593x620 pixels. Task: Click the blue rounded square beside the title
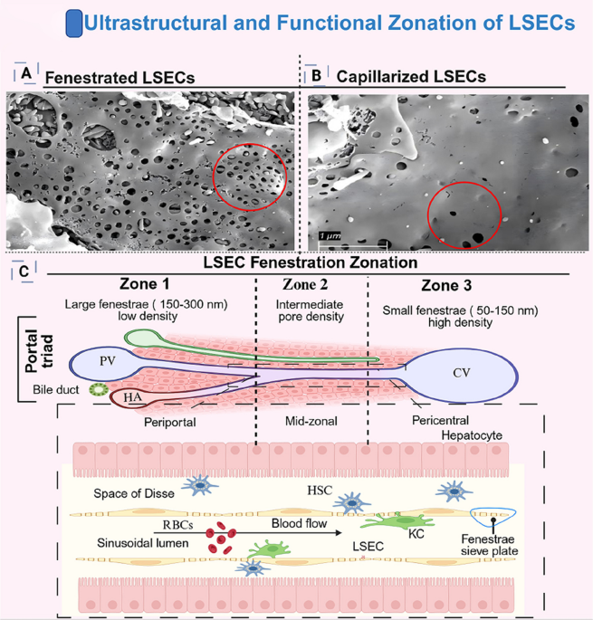tap(74, 24)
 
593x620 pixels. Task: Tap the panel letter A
tap(26, 73)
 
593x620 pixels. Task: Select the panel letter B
tap(317, 75)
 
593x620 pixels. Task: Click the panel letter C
tap(24, 272)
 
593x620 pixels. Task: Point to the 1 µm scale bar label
tap(330, 236)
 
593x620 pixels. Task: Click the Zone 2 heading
tap(305, 284)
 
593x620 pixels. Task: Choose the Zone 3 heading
tap(446, 285)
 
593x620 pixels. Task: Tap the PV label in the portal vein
tap(108, 360)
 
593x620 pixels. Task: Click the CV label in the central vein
tap(461, 373)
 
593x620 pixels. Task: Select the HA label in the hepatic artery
tap(132, 397)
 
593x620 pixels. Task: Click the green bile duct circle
tap(99, 390)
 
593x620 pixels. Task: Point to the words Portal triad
tap(39, 351)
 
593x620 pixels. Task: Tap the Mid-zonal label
tap(311, 421)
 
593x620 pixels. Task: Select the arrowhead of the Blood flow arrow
tap(339, 533)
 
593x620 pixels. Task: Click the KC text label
tap(416, 534)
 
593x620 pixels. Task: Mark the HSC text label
tap(320, 491)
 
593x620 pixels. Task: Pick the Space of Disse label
tap(134, 493)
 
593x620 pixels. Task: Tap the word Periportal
tap(169, 423)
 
